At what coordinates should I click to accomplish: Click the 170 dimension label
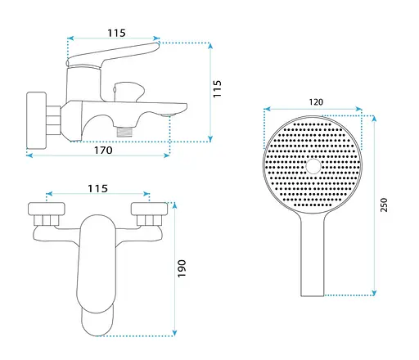point(103,151)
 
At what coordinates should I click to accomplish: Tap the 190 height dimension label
point(182,268)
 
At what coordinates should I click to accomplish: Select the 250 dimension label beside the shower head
point(384,205)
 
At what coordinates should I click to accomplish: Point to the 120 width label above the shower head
point(316,102)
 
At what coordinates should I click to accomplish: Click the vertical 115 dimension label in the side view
point(217,88)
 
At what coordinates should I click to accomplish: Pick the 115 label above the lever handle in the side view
point(116,33)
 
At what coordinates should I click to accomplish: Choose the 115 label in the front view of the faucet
point(97,188)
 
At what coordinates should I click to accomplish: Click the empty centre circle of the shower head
point(313,166)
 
